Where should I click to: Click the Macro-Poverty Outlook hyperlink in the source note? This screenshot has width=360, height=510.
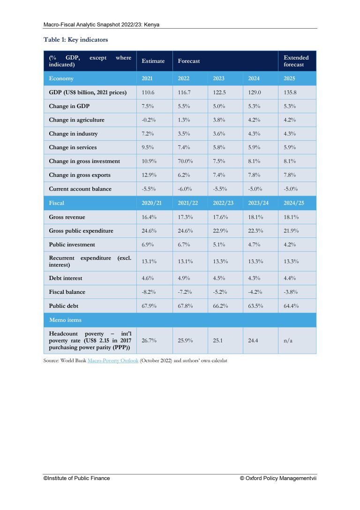click(113, 360)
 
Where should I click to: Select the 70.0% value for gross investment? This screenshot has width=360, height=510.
click(185, 161)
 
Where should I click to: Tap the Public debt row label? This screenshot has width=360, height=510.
click(63, 306)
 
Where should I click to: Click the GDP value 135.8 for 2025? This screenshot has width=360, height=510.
click(290, 92)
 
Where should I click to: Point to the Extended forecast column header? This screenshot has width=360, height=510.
click(296, 61)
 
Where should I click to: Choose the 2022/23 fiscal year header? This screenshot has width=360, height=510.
click(223, 203)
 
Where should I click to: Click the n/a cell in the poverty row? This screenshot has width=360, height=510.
click(288, 341)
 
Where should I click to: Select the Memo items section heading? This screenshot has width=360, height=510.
click(65, 320)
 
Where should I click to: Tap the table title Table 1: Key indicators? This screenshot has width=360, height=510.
click(76, 40)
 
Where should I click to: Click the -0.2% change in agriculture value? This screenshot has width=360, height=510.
click(149, 120)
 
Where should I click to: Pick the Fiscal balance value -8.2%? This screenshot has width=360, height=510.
click(149, 292)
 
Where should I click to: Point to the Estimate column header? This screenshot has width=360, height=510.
click(153, 61)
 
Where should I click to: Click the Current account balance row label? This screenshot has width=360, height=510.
click(80, 189)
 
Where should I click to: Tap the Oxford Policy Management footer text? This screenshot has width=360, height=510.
click(278, 478)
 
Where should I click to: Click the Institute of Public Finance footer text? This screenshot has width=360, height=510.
click(77, 478)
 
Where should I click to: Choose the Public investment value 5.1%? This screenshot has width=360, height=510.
click(219, 244)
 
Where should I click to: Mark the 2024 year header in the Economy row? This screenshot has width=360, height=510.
click(254, 78)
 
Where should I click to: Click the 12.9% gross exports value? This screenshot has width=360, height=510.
click(149, 175)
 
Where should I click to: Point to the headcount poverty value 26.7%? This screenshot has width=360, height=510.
click(149, 341)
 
